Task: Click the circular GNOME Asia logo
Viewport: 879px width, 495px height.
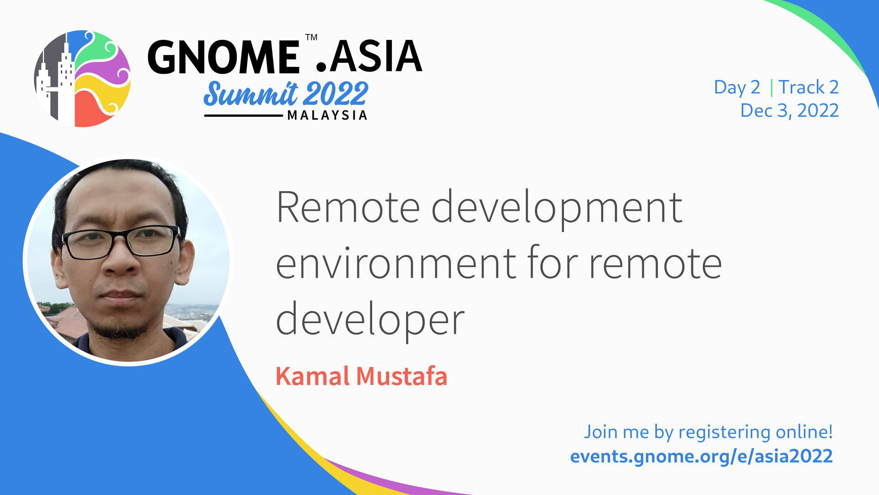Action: tap(82, 78)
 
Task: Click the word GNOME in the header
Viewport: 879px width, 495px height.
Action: tap(223, 57)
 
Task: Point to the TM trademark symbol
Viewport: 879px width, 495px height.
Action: tap(311, 37)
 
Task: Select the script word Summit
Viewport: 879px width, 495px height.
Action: tap(251, 93)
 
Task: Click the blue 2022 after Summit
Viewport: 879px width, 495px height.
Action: tap(336, 93)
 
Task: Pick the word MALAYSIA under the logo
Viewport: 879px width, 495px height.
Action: tap(327, 115)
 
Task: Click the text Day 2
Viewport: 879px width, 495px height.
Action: tap(737, 88)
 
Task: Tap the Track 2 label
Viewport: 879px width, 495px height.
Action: tap(808, 87)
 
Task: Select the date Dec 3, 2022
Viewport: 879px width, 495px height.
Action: tap(789, 110)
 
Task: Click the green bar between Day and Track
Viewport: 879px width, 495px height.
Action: tap(771, 88)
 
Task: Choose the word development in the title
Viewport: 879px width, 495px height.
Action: tap(557, 209)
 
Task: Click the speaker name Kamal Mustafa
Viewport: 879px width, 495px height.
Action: tap(361, 376)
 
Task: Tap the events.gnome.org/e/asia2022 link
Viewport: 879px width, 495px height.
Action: tap(701, 456)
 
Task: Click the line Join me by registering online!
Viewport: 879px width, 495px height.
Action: tap(708, 432)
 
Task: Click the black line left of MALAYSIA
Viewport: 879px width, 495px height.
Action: tap(244, 115)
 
